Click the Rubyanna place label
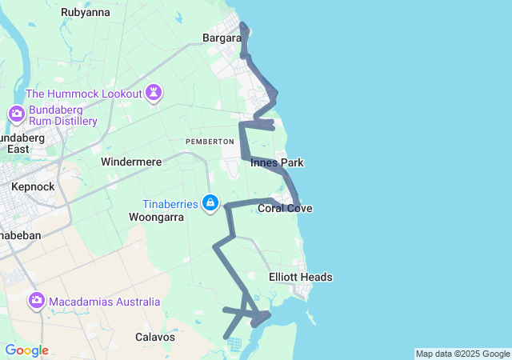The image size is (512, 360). (86, 12)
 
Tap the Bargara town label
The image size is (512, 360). (222, 38)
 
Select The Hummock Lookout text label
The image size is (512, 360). (83, 94)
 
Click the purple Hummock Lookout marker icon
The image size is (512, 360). (153, 94)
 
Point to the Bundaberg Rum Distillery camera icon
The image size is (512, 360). (16, 114)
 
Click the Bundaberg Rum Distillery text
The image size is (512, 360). (62, 115)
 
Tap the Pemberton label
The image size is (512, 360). (210, 141)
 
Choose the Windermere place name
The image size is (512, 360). (131, 162)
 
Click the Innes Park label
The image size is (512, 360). (277, 162)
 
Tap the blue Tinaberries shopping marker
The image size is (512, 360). (210, 203)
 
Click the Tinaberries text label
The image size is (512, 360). (170, 204)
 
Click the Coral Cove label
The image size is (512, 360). (285, 209)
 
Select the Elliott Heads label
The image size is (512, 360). (301, 278)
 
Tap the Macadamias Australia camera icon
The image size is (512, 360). (36, 302)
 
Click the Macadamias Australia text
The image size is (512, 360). (104, 302)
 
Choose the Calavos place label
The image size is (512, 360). (155, 337)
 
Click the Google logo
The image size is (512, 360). (26, 350)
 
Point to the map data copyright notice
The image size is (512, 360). (462, 354)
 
